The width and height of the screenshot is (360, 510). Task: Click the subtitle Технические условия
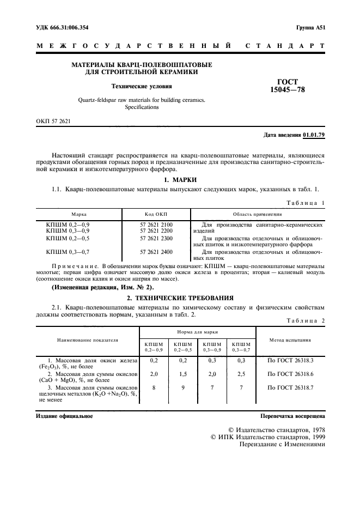click(x=142, y=86)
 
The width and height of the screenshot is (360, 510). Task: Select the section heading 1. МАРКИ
click(x=180, y=180)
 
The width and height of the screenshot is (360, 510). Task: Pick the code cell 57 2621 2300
click(x=156, y=238)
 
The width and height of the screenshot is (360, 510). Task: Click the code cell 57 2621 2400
click(x=156, y=252)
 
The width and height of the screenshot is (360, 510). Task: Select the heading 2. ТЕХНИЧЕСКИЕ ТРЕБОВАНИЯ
click(x=180, y=298)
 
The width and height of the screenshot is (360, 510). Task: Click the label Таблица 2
click(x=305, y=321)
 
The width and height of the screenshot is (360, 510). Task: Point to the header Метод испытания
click(x=290, y=339)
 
